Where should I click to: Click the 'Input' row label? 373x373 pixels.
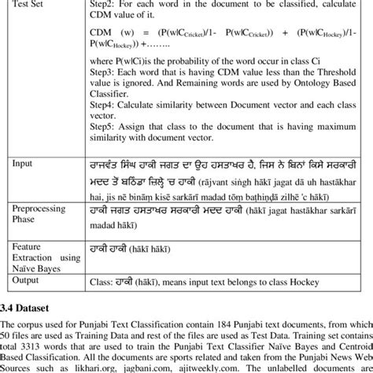coord(24,164)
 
